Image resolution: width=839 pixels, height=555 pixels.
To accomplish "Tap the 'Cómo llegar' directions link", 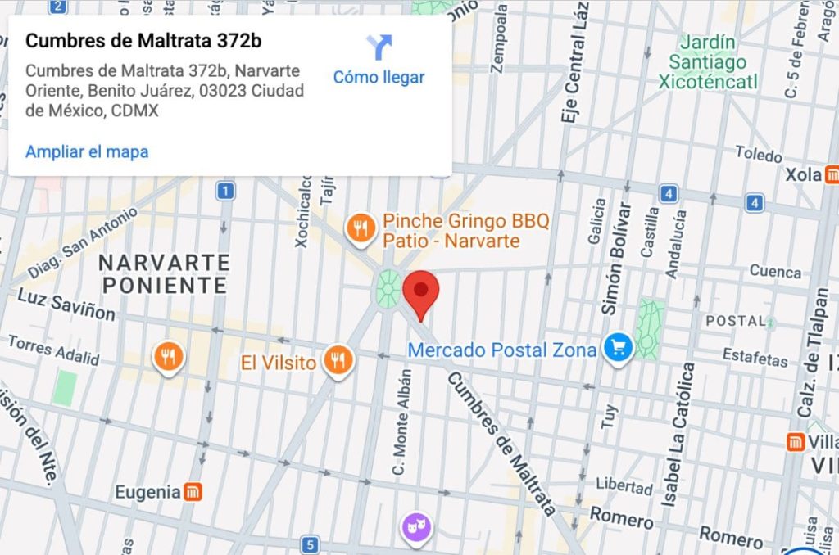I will [379, 78].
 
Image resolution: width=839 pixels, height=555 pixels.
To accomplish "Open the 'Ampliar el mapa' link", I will [87, 151].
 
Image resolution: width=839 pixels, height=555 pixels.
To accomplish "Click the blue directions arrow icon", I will [379, 47].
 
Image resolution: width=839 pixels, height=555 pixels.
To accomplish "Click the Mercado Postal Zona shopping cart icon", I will [618, 349].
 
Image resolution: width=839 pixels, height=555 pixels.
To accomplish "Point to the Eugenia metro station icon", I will [193, 492].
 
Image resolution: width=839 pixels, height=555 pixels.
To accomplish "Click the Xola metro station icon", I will [832, 174].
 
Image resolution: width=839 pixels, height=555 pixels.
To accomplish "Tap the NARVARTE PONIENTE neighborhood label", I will [163, 273].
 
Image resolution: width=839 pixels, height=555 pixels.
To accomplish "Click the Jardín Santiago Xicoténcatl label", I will [707, 61].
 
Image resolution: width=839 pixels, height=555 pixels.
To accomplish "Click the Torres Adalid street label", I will [53, 350].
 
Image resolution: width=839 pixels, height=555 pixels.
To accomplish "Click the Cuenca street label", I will [774, 271].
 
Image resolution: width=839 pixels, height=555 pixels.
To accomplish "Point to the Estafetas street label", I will [755, 356].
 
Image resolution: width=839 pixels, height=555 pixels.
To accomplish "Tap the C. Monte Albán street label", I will [400, 421].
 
